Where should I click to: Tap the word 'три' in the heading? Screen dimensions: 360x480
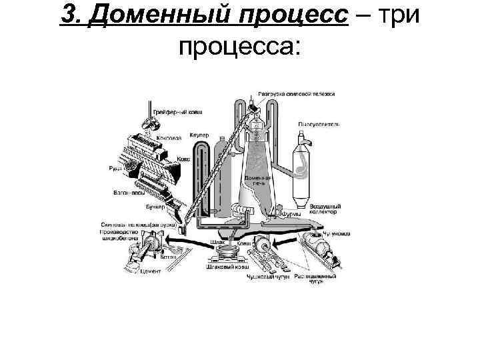[399, 15]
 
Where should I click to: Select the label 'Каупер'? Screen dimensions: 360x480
[199, 135]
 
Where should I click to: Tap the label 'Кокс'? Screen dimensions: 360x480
[183, 160]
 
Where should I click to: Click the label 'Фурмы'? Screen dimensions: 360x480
[289, 215]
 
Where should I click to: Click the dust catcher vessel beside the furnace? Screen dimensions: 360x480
[305, 167]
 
